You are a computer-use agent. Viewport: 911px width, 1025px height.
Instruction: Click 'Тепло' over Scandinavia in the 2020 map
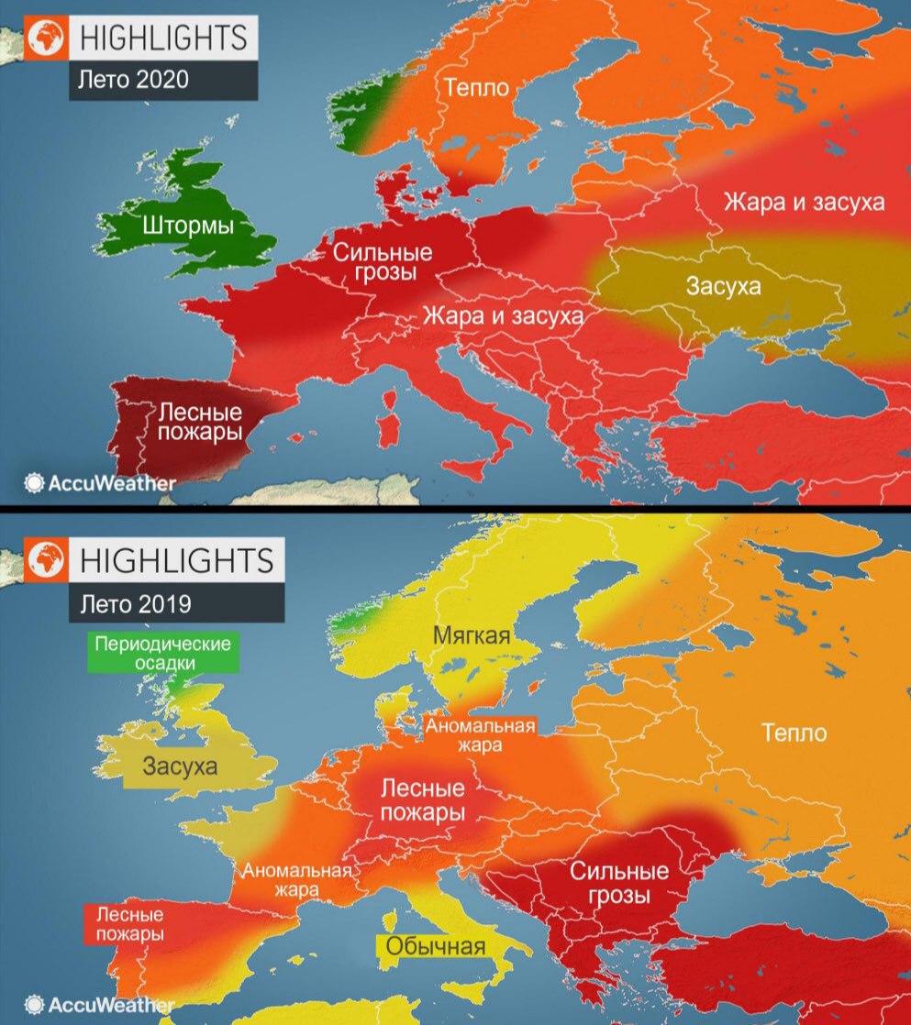(478, 87)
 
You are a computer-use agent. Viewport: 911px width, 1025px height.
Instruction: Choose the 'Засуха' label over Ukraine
(723, 287)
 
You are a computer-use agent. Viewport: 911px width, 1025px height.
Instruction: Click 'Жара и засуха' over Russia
(805, 202)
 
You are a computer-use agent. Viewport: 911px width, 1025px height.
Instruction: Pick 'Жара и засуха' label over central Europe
(503, 316)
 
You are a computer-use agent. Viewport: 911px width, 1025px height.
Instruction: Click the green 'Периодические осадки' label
(161, 652)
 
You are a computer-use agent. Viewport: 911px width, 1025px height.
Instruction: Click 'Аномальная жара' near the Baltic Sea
(480, 735)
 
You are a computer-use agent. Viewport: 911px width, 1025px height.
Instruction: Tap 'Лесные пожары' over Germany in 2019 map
(421, 800)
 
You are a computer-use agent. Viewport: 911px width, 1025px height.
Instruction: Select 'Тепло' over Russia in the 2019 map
(794, 733)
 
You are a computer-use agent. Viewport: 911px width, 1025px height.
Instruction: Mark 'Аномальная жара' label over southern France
(296, 880)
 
